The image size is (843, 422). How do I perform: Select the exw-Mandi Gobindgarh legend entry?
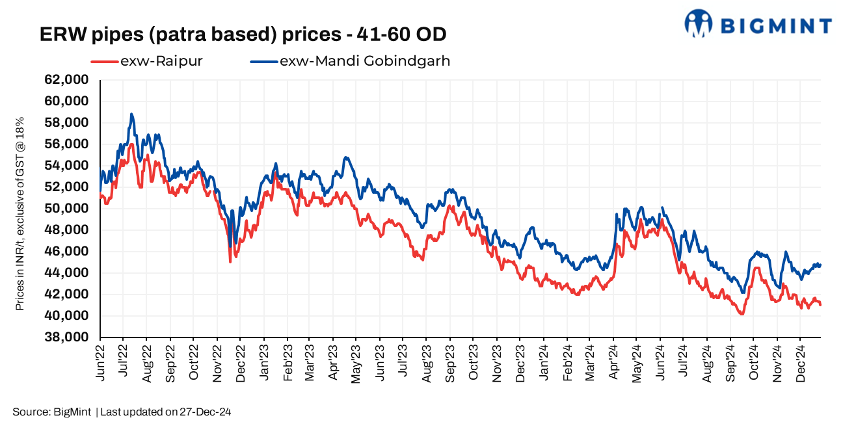(364, 62)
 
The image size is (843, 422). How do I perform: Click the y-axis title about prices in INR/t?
(20, 213)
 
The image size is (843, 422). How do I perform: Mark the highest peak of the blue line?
(131, 114)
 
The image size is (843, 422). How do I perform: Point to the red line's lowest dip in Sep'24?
(741, 315)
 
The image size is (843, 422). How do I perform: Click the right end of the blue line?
(820, 265)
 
